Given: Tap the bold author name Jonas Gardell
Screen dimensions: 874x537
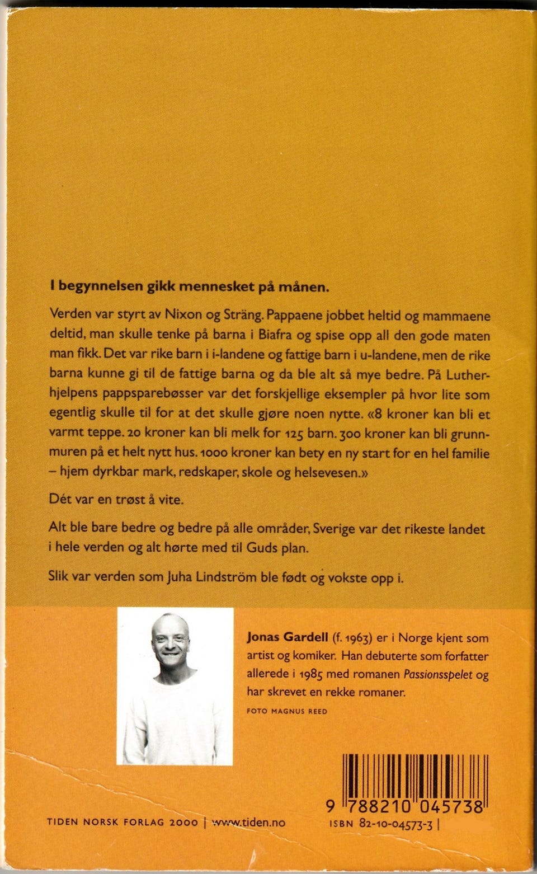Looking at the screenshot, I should pyautogui.click(x=287, y=637).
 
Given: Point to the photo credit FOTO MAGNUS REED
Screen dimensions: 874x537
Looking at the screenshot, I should pyautogui.click(x=286, y=711).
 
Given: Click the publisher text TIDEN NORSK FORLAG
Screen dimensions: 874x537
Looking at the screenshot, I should pyautogui.click(x=106, y=822).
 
